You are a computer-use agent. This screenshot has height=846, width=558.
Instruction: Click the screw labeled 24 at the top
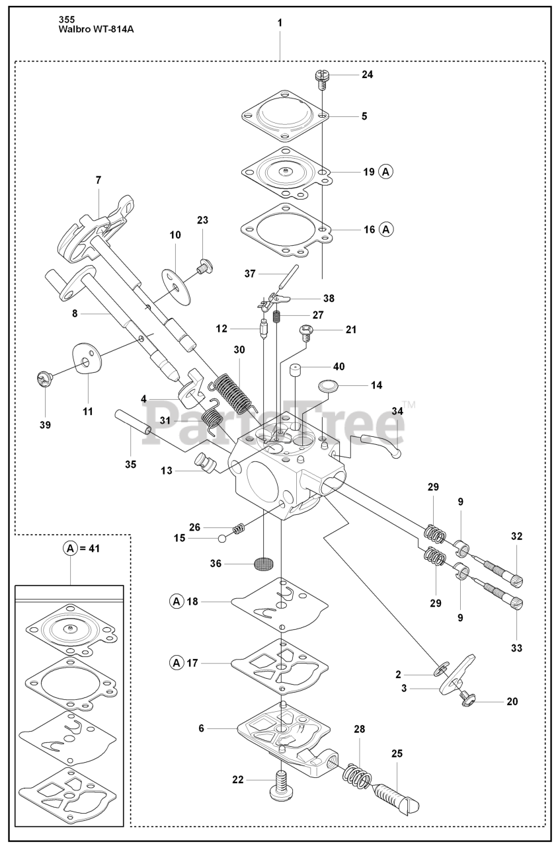point(323,77)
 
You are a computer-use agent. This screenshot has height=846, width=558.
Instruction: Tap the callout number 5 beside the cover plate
point(364,116)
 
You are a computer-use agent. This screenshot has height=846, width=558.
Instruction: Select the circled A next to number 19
point(386,172)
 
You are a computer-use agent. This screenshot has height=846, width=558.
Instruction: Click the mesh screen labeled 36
point(264,564)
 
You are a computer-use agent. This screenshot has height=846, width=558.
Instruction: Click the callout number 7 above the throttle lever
point(98,180)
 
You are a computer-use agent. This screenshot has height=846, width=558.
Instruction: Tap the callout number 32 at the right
point(516,537)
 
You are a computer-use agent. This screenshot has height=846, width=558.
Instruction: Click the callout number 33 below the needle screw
point(516,648)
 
